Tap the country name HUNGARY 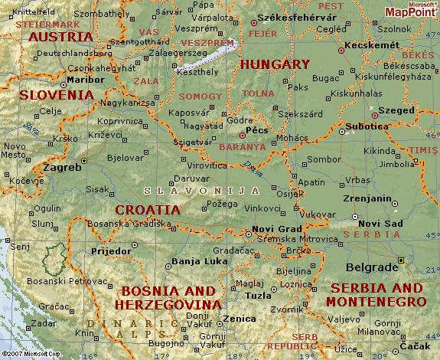tap(275, 65)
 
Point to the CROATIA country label tap(148, 209)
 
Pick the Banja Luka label tap(197, 262)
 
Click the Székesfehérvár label tap(297, 17)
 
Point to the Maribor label tap(86, 79)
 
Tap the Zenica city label tap(241, 318)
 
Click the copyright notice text tap(31, 354)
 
